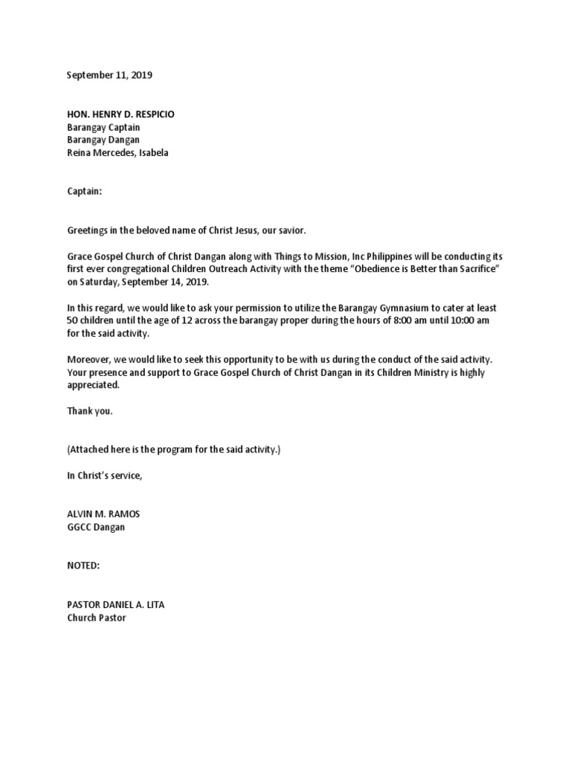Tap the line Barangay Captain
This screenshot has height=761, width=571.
(x=103, y=127)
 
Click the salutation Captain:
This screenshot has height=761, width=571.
(x=84, y=191)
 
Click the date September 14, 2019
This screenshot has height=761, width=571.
(x=167, y=282)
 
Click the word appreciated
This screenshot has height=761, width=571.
(x=93, y=385)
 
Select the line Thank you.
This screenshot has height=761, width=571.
(x=90, y=411)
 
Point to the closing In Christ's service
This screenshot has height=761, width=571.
(x=104, y=476)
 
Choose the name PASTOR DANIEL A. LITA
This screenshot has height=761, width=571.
(x=116, y=604)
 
